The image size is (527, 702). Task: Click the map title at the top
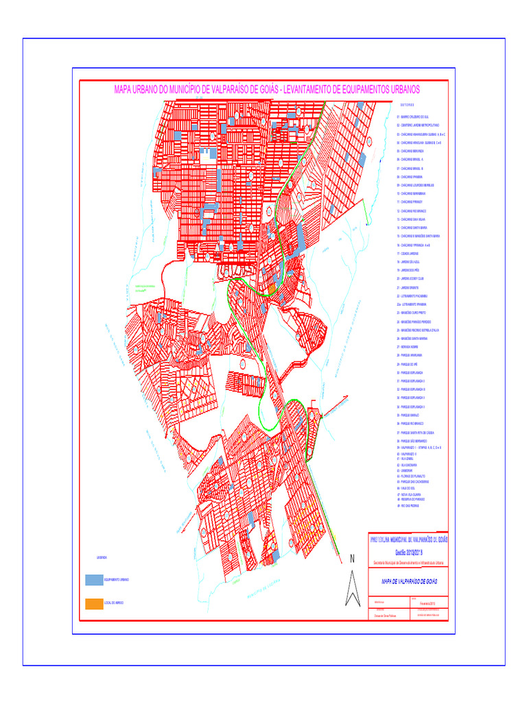pyautogui.click(x=266, y=90)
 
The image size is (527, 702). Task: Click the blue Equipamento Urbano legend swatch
pyautogui.click(x=94, y=580)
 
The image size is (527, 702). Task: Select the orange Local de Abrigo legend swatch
pyautogui.click(x=94, y=603)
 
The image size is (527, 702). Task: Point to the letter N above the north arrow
pyautogui.click(x=353, y=559)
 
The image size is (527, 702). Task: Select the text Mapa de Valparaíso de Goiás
pyautogui.click(x=409, y=581)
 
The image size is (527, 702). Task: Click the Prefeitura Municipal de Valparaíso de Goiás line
pyautogui.click(x=408, y=540)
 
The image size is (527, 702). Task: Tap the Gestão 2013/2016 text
pyautogui.click(x=409, y=552)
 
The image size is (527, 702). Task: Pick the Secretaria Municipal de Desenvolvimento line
pyautogui.click(x=409, y=562)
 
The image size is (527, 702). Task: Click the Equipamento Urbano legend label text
pyautogui.click(x=116, y=580)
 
